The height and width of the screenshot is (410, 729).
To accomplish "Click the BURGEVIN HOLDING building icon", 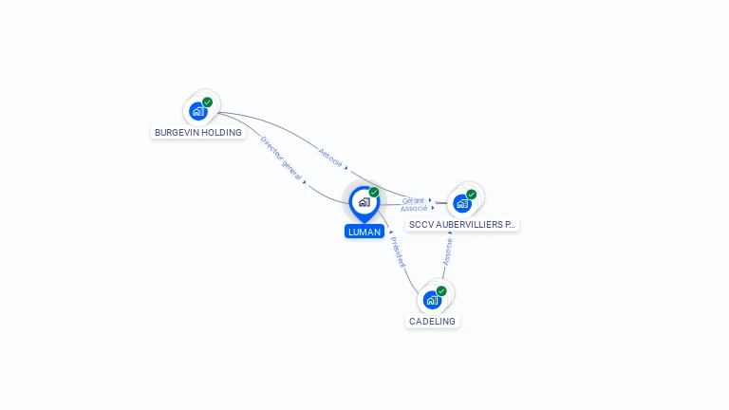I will tap(198, 111).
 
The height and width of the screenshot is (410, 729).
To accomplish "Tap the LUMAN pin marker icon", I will tap(364, 202).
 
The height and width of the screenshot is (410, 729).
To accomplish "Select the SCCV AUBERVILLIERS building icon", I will tap(462, 203).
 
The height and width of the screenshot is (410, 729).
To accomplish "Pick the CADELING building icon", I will tap(433, 300).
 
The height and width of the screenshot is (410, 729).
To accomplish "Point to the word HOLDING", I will tap(222, 133).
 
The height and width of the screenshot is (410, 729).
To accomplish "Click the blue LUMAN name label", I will tap(364, 232).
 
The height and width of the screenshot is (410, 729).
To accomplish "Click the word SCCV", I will tap(421, 225).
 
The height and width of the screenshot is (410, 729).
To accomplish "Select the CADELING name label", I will tap(432, 322).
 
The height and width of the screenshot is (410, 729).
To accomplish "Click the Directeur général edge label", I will tap(281, 158).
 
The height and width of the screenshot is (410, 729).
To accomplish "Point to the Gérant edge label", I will tap(413, 200).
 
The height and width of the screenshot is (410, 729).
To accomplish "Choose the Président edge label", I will tap(397, 252).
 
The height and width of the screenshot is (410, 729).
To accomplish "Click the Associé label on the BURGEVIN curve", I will tap(329, 158).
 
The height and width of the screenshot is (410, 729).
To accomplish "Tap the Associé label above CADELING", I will tap(448, 251).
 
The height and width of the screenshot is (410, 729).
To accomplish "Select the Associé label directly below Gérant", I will tap(414, 208).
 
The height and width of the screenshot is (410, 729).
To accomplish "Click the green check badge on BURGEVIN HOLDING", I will tap(207, 102).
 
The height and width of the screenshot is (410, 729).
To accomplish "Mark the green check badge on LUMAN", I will tap(374, 193).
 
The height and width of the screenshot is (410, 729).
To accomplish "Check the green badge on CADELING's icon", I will tap(441, 291).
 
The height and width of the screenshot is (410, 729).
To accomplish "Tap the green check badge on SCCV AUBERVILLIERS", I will tap(471, 195).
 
